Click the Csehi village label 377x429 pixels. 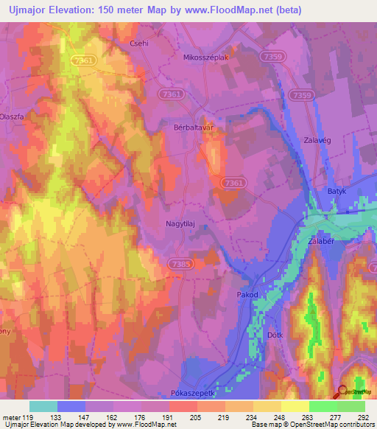[x=139, y=43]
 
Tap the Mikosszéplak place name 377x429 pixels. [x=205, y=57]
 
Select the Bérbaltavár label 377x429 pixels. [x=194, y=127]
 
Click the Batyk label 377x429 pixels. [x=337, y=191]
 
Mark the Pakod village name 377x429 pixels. [x=247, y=295]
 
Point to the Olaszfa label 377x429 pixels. [x=12, y=116]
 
